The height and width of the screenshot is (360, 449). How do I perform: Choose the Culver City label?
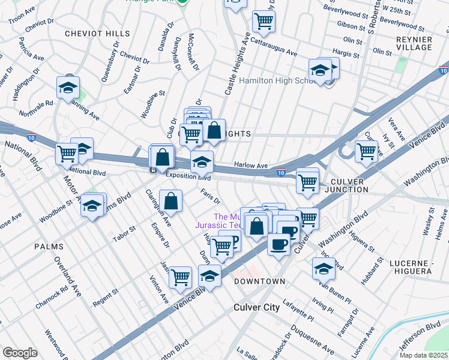click(256, 307)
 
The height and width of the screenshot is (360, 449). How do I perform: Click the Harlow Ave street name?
click(250, 166)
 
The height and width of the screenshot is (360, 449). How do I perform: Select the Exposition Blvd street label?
click(188, 178)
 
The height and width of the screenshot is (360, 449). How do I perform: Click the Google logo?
click(20, 353)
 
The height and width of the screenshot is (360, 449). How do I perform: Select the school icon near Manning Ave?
click(68, 88)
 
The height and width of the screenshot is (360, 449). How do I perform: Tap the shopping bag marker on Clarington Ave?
click(171, 202)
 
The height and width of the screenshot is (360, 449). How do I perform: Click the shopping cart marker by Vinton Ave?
click(180, 277)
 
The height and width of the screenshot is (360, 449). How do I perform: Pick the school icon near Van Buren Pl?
click(324, 269)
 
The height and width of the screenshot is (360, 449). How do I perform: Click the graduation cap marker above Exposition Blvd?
click(202, 161)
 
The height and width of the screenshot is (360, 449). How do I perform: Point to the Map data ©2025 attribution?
click(423, 355)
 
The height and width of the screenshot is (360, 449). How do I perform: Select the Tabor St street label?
click(125, 234)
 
